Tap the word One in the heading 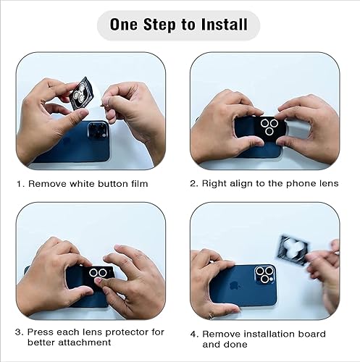127,25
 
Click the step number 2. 193,184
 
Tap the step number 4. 193,334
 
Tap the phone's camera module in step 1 96,132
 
